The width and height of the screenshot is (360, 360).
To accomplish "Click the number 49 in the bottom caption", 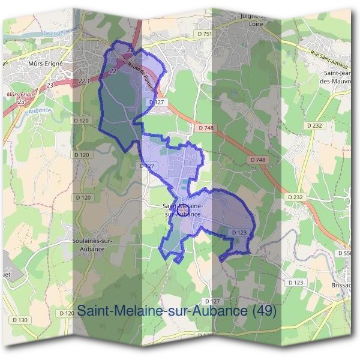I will click(263, 311).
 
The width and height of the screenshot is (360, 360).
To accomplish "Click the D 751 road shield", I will click(205, 34).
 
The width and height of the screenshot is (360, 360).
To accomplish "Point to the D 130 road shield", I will click(19, 320).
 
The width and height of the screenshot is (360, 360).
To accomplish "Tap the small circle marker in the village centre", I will click(184, 209).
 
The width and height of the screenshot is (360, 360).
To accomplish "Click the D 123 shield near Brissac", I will click(296, 282).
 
